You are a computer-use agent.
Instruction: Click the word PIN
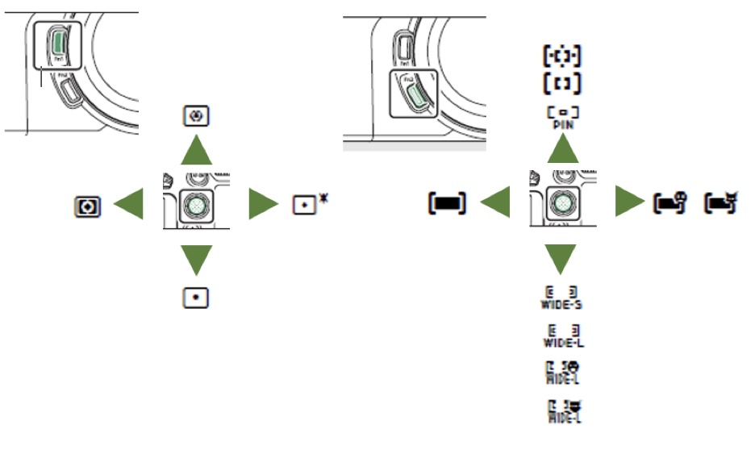click(563, 125)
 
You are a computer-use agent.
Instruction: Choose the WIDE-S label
click(562, 305)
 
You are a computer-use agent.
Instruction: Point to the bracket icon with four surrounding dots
click(562, 56)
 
